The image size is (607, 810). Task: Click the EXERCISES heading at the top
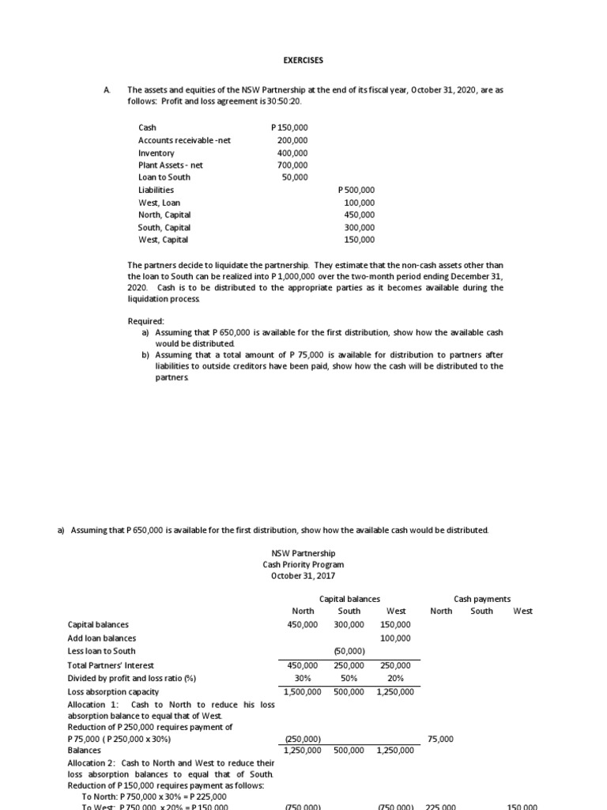pos(303,60)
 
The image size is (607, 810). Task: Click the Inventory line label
pos(156,153)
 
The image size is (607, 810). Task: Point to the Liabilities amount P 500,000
pos(356,190)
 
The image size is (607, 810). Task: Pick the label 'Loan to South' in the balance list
pos(164,177)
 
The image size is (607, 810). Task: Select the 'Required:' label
pos(146,321)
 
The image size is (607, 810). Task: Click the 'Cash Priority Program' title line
pos(303,565)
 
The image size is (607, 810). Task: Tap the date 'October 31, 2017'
pos(303,577)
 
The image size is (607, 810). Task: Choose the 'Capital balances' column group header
pos(349,600)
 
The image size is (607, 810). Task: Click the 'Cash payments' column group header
pos(482,600)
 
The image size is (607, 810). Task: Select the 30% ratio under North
pos(304,678)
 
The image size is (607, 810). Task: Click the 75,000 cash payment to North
pos(440,738)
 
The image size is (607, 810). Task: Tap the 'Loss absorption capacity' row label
pos(114,691)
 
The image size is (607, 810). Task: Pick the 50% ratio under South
pos(349,678)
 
